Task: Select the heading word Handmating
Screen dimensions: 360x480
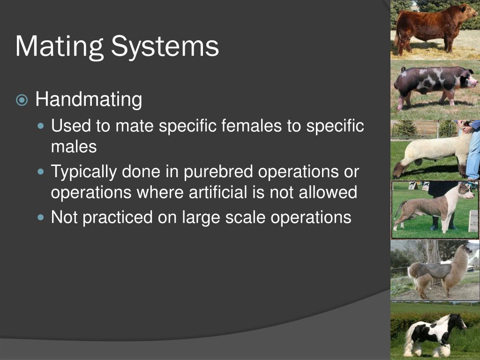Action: click(89, 100)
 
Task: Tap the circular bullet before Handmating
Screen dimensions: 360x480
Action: click(22, 100)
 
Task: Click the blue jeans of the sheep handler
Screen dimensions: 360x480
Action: click(474, 155)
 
